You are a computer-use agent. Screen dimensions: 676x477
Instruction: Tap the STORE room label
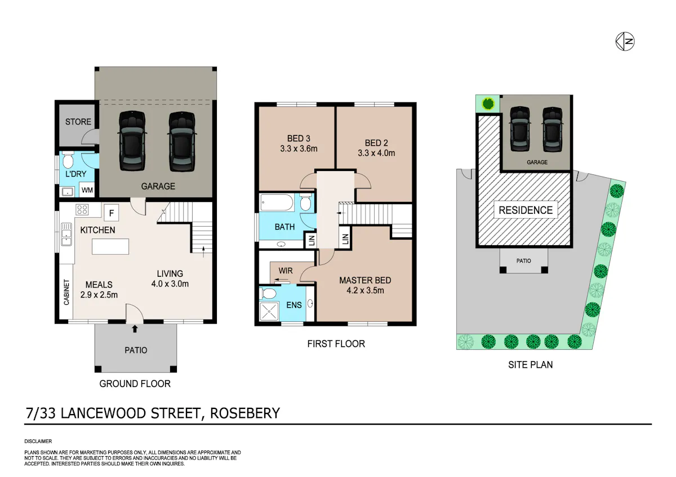[78, 121]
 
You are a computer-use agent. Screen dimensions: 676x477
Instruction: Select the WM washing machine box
[87, 190]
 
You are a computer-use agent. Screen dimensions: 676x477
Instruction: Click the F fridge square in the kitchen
[112, 213]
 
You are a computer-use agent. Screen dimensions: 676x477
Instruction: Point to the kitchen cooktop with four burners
[82, 209]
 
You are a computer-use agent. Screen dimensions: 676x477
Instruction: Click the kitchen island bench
[110, 246]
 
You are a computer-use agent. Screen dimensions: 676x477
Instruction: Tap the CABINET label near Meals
[66, 292]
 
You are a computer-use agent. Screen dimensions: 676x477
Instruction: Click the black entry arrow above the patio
[135, 328]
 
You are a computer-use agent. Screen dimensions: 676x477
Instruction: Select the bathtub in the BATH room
[277, 202]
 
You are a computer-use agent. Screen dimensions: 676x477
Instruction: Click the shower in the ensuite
[269, 311]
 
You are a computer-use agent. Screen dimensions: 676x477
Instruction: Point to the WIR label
[286, 271]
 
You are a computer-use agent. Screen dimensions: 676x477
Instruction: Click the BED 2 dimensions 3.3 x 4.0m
[376, 153]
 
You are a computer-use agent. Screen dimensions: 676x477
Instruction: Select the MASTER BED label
[365, 280]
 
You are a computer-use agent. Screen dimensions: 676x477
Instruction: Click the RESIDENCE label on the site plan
[526, 210]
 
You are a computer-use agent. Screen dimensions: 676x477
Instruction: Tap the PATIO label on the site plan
[523, 261]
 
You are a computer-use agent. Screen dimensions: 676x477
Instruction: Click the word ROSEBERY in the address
[244, 413]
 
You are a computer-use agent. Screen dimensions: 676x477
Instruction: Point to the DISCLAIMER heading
[38, 441]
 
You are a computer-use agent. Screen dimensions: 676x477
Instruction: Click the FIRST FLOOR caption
[336, 344]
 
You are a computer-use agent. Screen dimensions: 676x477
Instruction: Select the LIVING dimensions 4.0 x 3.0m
[170, 284]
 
